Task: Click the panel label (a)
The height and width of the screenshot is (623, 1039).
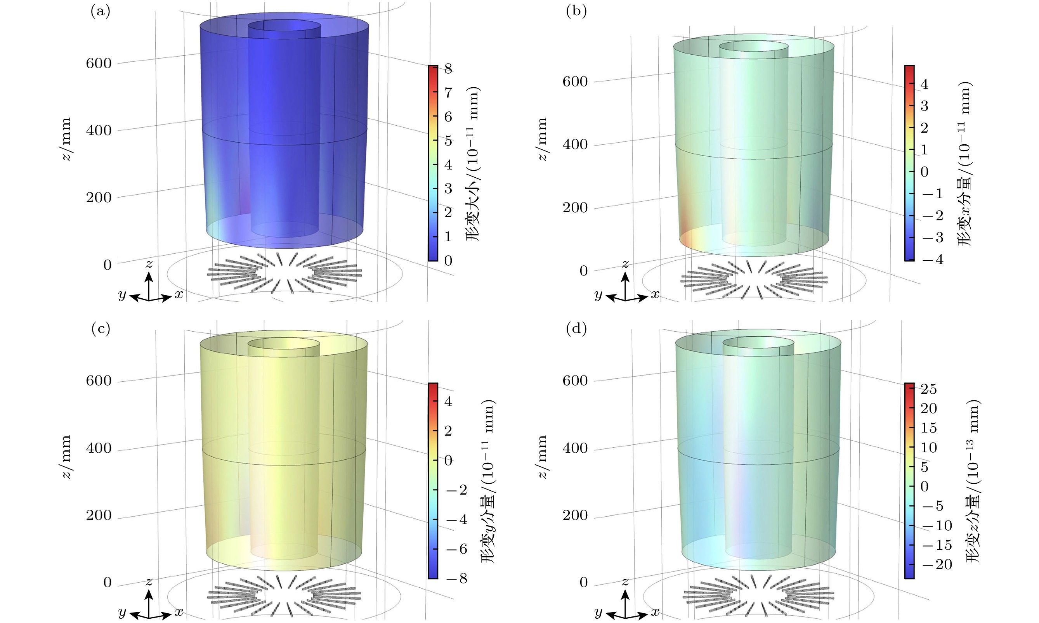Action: (x=101, y=11)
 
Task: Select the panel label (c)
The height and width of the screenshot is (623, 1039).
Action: (x=101, y=329)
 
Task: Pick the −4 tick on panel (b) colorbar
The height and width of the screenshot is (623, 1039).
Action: (x=932, y=260)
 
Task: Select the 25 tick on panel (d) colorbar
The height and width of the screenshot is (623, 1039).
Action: (x=928, y=389)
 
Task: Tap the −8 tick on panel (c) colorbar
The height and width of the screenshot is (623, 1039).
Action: (x=456, y=578)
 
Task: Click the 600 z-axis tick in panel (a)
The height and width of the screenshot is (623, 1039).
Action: (x=99, y=63)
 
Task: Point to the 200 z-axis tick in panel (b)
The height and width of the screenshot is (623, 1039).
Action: (x=575, y=208)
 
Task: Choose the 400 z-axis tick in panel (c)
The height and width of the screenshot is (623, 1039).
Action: (x=99, y=448)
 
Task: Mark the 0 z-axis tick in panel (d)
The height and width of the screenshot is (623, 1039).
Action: (x=583, y=582)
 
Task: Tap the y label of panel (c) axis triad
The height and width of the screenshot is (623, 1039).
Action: (x=122, y=613)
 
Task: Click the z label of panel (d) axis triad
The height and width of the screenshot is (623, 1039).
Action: (x=625, y=581)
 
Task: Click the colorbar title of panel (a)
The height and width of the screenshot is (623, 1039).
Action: (x=473, y=164)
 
